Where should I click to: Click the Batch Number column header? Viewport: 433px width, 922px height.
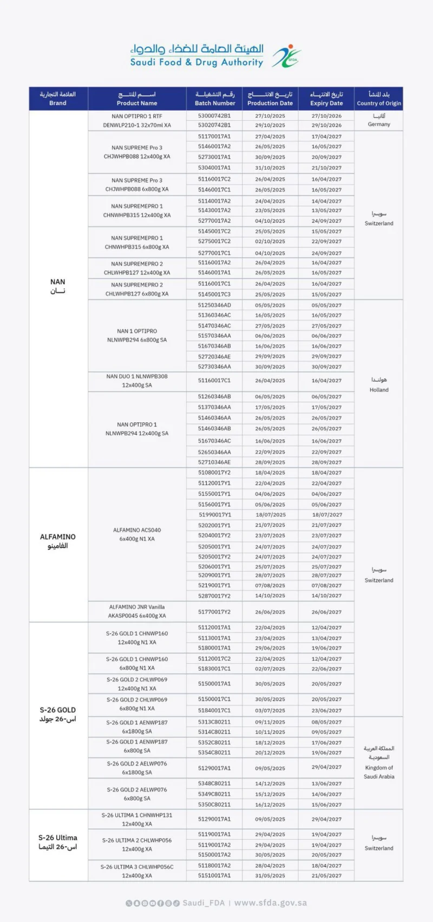point(215,99)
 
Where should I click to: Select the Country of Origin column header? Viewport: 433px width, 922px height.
point(379,99)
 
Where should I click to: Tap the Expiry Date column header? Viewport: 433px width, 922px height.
point(326,99)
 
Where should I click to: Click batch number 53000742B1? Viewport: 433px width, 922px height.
point(214,116)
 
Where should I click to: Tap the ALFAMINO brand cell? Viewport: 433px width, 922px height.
point(58,541)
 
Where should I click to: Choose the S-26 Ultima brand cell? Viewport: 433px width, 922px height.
point(58,842)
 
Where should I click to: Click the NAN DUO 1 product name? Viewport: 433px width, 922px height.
point(137,381)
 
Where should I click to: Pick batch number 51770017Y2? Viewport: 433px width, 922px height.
point(214,612)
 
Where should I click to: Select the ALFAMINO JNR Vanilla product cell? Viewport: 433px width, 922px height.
point(137,611)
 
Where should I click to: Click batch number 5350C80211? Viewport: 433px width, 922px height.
point(214,805)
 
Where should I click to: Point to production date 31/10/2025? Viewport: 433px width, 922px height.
point(270,168)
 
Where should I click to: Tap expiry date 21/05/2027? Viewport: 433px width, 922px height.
point(326,875)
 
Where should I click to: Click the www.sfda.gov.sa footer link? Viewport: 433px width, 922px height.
point(271,903)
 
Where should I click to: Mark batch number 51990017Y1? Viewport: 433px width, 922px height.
point(214,515)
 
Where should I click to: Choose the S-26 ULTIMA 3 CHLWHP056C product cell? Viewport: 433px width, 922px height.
point(137,871)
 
